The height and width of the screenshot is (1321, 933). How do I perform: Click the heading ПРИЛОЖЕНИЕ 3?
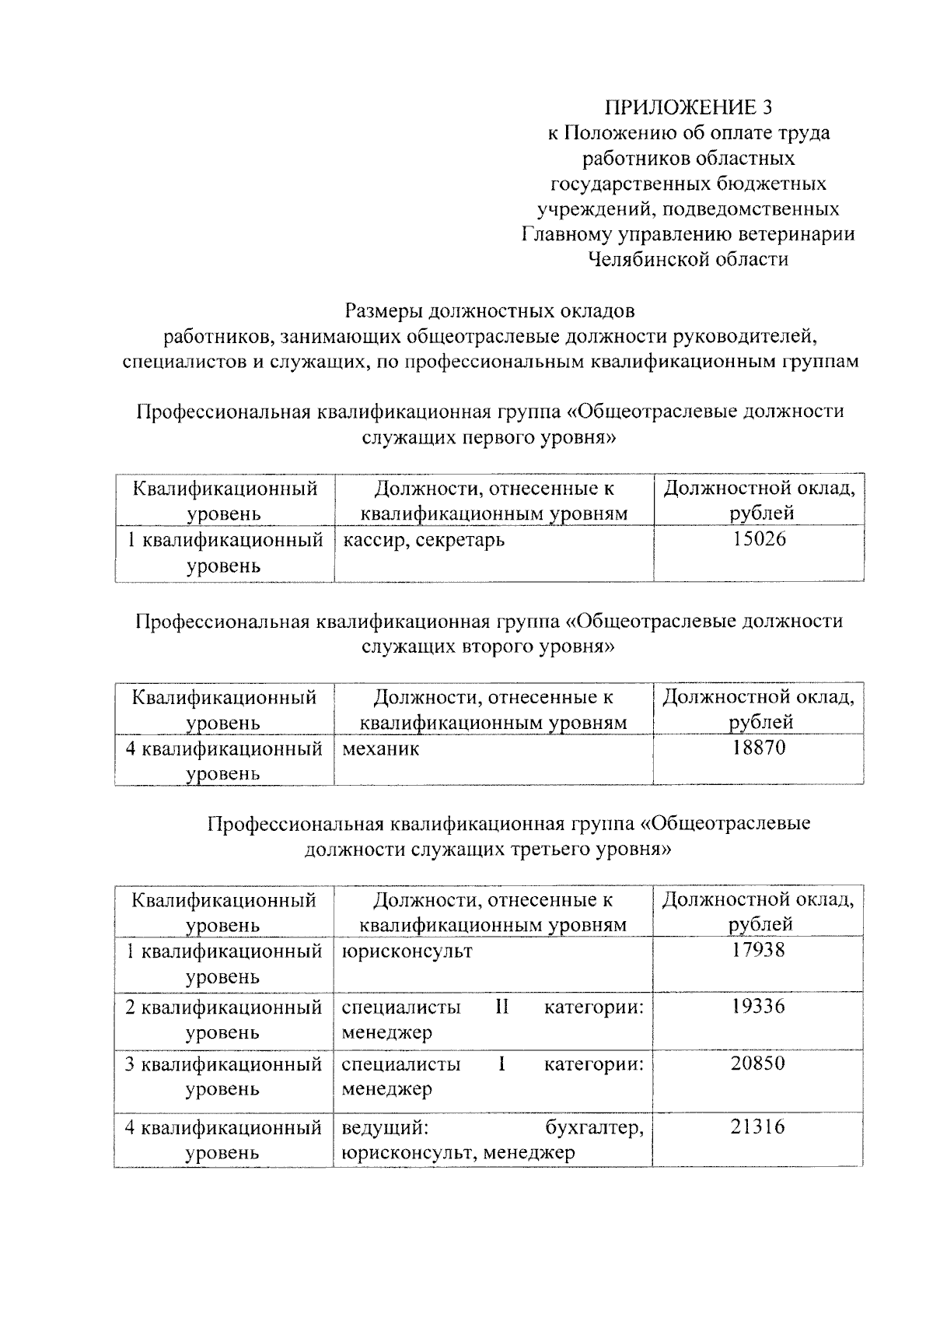point(690,107)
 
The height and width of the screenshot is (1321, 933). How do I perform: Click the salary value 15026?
point(758,538)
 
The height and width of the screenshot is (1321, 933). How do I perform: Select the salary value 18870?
point(758,748)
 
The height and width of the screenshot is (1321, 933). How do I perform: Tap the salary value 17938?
point(758,950)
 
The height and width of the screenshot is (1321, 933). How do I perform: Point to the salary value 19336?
point(758,1007)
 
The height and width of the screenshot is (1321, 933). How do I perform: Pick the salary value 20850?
point(758,1063)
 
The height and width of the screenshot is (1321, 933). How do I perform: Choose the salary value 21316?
point(758,1127)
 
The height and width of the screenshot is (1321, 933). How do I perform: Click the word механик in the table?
point(380,749)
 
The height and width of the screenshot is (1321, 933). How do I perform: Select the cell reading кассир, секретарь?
point(423,539)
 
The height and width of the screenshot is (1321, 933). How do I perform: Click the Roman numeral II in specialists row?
point(501,1007)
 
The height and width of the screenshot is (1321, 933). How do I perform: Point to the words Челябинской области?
point(688,259)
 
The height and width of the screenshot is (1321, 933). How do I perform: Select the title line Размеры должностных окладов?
point(490,311)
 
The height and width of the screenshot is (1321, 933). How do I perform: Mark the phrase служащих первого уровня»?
point(489,437)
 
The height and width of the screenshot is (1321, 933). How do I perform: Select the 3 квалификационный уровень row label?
point(224,1076)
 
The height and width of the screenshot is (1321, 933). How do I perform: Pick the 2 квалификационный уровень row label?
point(224,1019)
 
